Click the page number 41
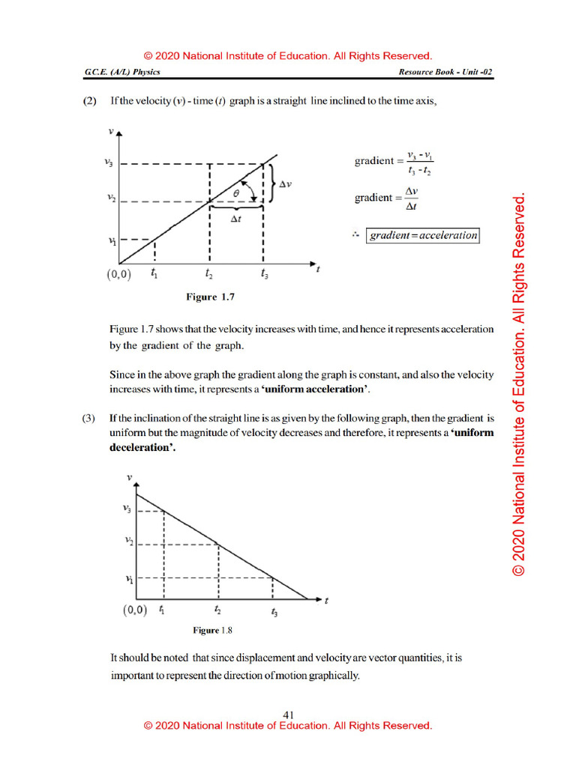point(288,715)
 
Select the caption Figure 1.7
point(211,297)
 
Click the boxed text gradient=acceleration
point(423,235)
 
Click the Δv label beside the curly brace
point(285,184)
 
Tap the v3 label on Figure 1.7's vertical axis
point(109,163)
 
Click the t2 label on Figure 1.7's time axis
point(209,275)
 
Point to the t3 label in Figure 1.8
point(274,613)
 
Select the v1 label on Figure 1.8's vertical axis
point(129,578)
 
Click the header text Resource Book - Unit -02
point(445,72)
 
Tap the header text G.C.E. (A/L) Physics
point(122,72)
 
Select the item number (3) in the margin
point(88,419)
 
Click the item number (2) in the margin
point(88,100)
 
